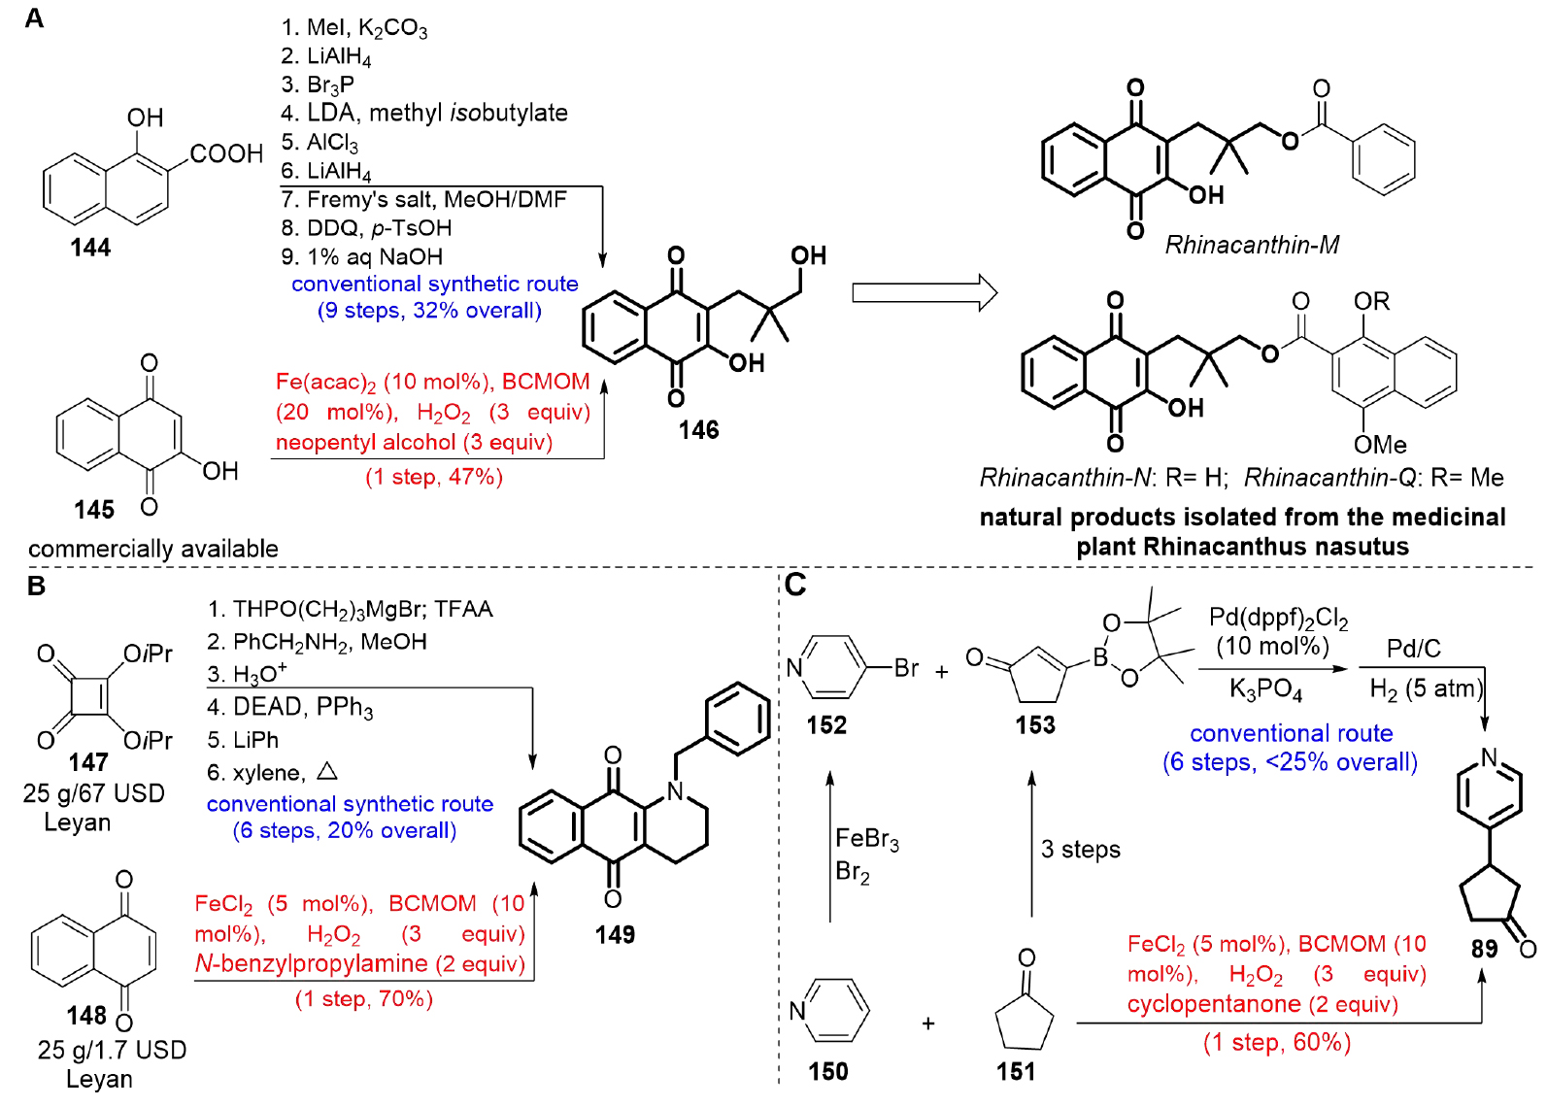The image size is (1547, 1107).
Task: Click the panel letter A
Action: coord(34,19)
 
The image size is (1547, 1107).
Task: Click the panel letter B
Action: coord(36,586)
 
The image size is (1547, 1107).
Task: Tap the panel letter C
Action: coord(795,585)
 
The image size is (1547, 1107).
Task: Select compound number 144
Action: coord(90,248)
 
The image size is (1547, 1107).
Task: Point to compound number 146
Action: coord(698,429)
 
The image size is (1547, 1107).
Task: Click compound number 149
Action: coord(615,934)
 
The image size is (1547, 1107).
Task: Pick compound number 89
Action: coord(1484,948)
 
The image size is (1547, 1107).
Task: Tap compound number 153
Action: coord(1035,724)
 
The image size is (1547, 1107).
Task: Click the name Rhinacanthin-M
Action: coord(1252,245)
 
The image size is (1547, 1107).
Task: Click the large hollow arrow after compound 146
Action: coord(924,292)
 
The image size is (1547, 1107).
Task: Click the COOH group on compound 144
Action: coord(226,153)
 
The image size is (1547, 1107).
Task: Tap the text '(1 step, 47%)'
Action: coord(434,477)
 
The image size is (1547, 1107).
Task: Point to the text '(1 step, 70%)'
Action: coord(364,999)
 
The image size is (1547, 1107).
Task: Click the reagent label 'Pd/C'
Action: coord(1413,649)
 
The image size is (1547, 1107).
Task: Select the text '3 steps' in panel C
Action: coord(1080,850)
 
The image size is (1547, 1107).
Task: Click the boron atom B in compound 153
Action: coord(1100,657)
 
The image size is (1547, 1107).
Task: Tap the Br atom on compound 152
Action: coord(906,668)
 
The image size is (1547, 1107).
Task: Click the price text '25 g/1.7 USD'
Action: coord(112,1050)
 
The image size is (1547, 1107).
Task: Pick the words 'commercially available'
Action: coord(153,549)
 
